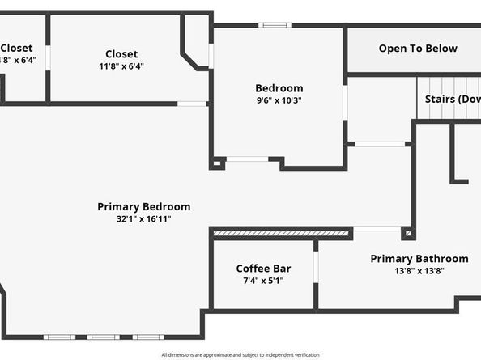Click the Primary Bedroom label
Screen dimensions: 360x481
click(x=143, y=206)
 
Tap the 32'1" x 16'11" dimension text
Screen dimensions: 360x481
click(x=143, y=218)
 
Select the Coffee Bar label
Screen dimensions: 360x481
click(x=263, y=269)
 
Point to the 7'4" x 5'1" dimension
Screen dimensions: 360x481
click(x=263, y=281)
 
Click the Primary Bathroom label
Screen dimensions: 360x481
click(x=419, y=259)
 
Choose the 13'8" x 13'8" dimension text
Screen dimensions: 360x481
click(x=419, y=271)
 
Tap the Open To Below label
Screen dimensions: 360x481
click(x=418, y=49)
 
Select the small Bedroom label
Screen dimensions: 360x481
click(x=279, y=88)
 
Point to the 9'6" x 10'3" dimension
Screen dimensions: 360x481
click(x=279, y=100)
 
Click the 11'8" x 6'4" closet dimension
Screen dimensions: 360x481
click(x=121, y=66)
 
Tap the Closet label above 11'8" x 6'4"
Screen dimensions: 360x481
click(x=121, y=54)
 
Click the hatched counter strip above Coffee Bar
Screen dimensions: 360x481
click(x=281, y=234)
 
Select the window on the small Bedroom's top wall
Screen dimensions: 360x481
click(x=275, y=25)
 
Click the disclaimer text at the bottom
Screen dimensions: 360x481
click(x=240, y=354)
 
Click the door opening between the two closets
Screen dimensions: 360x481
click(x=48, y=57)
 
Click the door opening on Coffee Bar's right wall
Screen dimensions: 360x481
click(x=316, y=267)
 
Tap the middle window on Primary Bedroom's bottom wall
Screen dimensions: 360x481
click(x=103, y=337)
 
